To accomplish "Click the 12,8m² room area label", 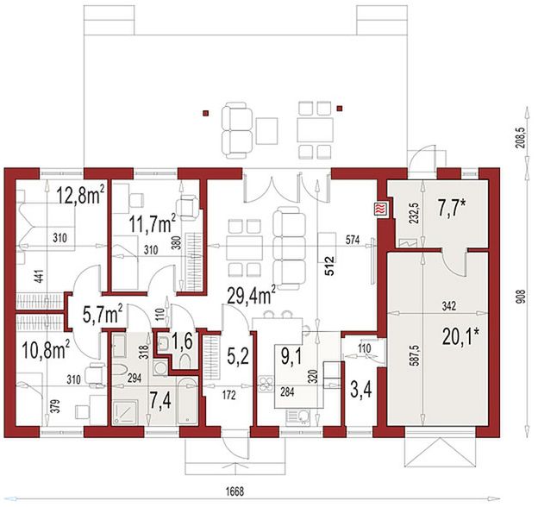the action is [x=81, y=195].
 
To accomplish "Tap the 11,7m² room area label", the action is [x=153, y=224].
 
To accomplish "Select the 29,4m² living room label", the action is [x=252, y=296].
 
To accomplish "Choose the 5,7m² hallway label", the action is [x=103, y=315].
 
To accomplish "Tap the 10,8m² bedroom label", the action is [x=46, y=350].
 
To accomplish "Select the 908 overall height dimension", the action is [x=523, y=296].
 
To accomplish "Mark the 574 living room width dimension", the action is [x=353, y=241].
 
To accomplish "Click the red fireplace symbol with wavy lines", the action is [x=382, y=209].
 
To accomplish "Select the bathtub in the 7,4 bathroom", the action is [x=187, y=401].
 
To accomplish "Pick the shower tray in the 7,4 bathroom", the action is [x=126, y=412].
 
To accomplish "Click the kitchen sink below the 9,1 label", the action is [x=297, y=417].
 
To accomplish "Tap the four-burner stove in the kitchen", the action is [x=266, y=384].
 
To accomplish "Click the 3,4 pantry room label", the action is [x=361, y=391].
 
